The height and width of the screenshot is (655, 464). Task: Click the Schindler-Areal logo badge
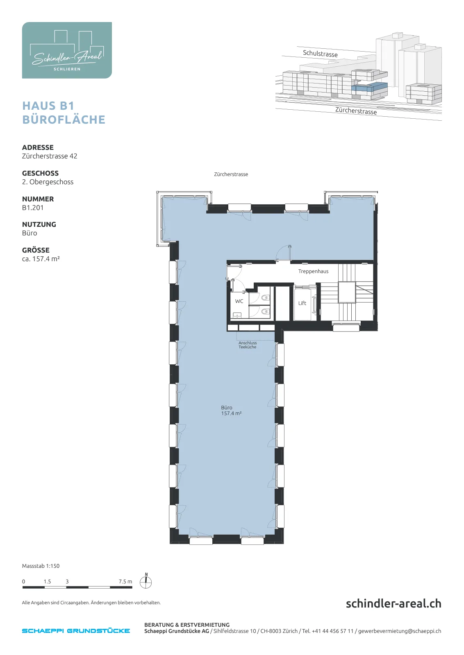(67, 50)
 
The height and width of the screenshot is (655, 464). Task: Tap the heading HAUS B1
(49, 106)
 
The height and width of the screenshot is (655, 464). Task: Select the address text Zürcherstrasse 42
(50, 156)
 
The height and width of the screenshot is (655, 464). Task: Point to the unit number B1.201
(33, 208)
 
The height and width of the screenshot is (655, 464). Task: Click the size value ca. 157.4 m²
(41, 259)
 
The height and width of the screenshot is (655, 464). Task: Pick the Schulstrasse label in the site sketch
(320, 54)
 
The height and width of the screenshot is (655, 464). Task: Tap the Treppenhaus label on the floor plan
(313, 271)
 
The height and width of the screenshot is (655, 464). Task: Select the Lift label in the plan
(302, 303)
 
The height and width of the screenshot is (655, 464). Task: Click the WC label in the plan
(239, 301)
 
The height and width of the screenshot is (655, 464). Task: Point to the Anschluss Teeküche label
(247, 345)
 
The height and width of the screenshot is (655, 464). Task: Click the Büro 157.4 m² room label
(231, 411)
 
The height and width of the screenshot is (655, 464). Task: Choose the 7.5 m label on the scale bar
(125, 582)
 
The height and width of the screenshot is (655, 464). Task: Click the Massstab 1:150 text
(41, 566)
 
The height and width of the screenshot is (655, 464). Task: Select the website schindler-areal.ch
(393, 603)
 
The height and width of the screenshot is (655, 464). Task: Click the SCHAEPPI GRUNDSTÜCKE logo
(76, 631)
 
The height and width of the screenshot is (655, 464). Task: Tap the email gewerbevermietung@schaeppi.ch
(400, 631)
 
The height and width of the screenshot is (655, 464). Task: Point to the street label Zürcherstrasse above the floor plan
(231, 174)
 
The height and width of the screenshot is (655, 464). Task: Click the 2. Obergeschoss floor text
(48, 182)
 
